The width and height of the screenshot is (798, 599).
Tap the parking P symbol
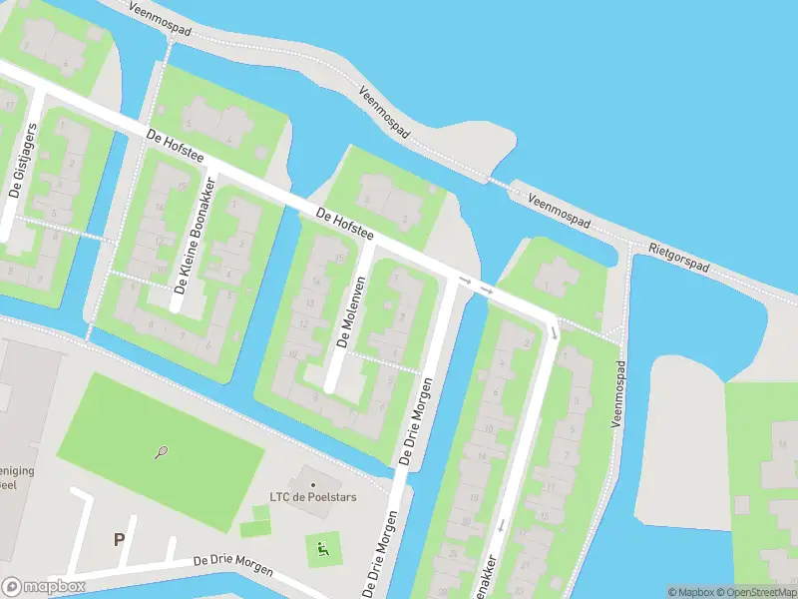click(119, 540)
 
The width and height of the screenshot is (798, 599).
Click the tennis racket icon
click(162, 452)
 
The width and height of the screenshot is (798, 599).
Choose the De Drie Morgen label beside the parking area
click(233, 564)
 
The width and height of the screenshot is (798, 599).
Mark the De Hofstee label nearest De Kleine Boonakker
click(175, 148)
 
